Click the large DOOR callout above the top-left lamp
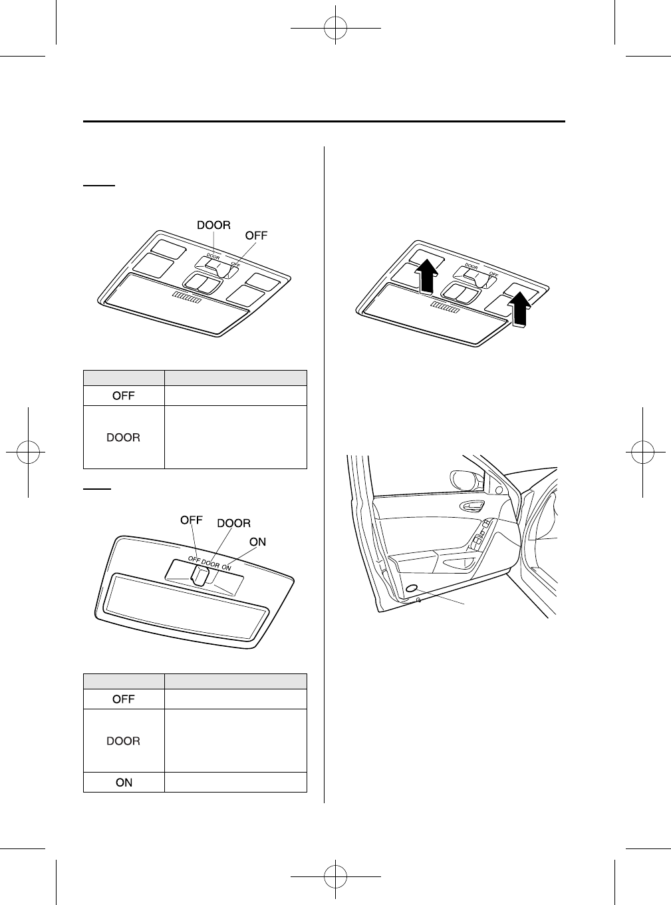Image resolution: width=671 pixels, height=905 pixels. (x=213, y=225)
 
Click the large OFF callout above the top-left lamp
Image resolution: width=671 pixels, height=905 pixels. (x=256, y=235)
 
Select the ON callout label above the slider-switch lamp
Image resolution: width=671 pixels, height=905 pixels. (x=257, y=542)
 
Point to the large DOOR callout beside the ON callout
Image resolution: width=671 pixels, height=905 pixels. (x=234, y=523)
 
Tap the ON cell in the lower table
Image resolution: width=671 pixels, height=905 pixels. (x=124, y=783)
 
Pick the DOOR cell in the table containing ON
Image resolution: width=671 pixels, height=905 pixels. (x=124, y=741)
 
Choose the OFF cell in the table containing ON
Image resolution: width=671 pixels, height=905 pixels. (x=124, y=699)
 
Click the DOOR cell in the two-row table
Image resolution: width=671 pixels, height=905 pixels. (x=124, y=437)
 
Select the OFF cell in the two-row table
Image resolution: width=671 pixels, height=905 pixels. (x=124, y=395)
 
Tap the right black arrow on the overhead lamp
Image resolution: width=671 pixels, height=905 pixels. (x=520, y=310)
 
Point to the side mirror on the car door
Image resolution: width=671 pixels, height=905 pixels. (x=464, y=480)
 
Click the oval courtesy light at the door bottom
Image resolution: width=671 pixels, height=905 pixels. (x=412, y=589)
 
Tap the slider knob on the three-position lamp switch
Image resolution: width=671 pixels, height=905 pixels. (x=198, y=575)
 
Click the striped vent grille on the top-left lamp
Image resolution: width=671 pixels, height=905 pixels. (x=186, y=299)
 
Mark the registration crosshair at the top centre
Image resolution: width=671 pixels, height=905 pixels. (x=335, y=29)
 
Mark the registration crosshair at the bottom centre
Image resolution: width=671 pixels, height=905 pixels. (x=335, y=876)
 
